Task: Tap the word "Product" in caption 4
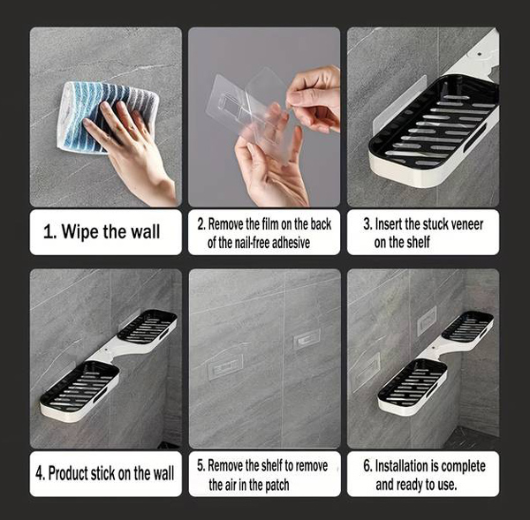coord(68,473)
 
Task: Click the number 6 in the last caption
coord(367,466)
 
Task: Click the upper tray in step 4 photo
coord(147,327)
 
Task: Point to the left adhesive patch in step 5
coord(225,366)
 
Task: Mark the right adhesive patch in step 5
coord(307,338)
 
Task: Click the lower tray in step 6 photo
coord(413,386)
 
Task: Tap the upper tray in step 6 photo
coord(467,327)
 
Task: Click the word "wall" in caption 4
coord(163,473)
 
